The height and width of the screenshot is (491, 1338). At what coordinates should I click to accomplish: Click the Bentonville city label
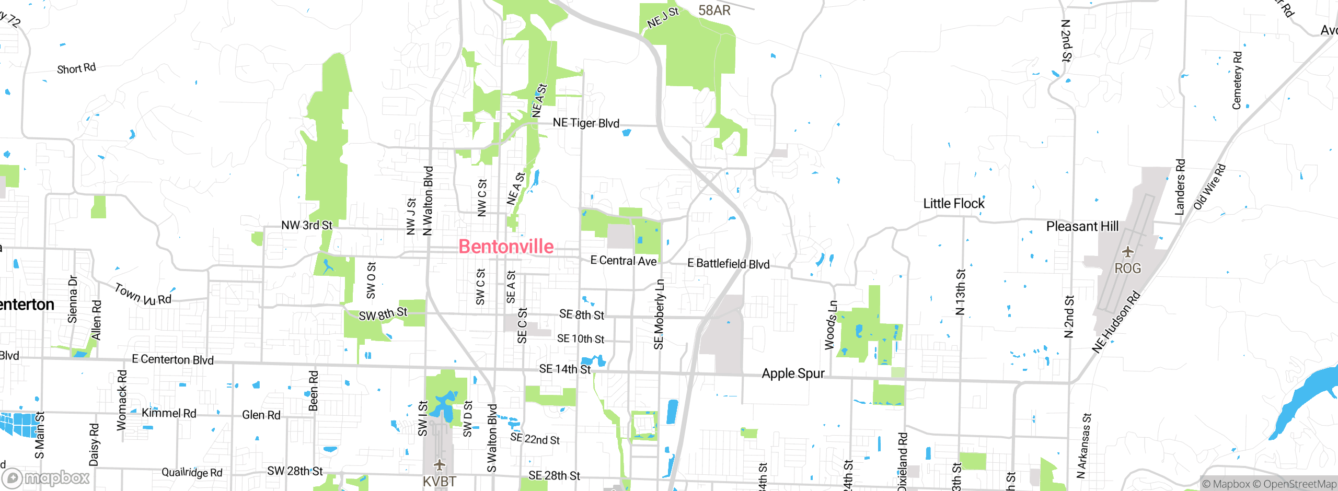[x=506, y=247]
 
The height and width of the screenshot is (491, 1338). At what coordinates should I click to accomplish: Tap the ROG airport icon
[x=1128, y=252]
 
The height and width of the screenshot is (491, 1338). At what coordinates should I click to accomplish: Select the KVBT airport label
[x=439, y=482]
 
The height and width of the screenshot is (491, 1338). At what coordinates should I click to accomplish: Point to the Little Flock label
[x=953, y=204]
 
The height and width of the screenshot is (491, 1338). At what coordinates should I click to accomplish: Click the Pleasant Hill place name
[x=1082, y=226]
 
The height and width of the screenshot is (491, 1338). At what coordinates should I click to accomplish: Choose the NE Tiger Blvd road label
[x=586, y=123]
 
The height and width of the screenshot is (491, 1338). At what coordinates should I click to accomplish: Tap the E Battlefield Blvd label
[x=728, y=264]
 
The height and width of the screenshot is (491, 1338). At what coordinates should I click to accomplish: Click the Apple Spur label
[x=793, y=373]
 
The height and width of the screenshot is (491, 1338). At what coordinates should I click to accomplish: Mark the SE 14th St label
[x=564, y=369]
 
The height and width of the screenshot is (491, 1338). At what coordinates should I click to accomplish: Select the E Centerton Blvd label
[x=172, y=359]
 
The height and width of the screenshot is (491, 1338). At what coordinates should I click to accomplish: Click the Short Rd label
[x=76, y=68]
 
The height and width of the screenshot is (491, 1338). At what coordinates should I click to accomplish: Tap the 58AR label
[x=714, y=10]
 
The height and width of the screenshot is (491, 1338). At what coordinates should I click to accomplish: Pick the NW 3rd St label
[x=306, y=225]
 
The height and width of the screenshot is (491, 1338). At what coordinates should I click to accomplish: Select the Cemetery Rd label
[x=1237, y=80]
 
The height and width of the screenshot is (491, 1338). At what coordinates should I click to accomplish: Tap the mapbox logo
[x=46, y=478]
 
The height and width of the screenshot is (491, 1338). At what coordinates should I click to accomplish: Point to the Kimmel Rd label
[x=169, y=413]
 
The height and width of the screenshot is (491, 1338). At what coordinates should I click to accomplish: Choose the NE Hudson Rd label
[x=1115, y=322]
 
